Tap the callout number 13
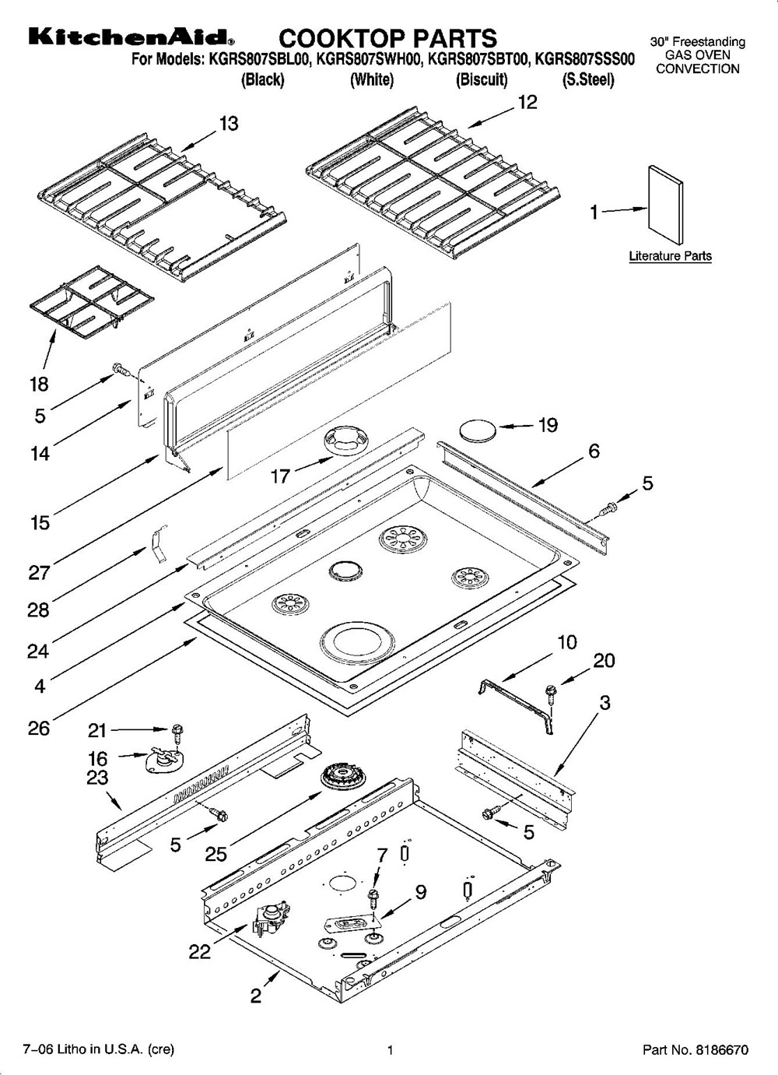click(228, 124)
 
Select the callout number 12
click(527, 103)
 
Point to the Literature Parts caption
click(670, 256)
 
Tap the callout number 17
click(280, 476)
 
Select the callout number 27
click(39, 572)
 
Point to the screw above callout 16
click(177, 732)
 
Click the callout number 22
click(199, 951)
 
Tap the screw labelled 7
click(375, 894)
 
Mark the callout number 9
click(420, 892)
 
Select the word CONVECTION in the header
click(697, 69)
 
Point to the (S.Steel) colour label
click(587, 79)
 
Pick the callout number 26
click(39, 728)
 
